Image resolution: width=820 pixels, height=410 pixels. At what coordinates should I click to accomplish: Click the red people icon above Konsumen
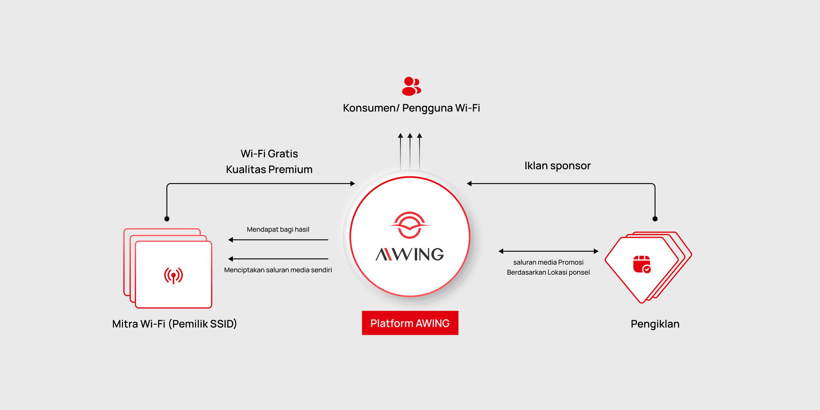pos(411,86)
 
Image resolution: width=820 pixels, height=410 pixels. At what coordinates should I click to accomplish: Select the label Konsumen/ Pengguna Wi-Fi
pos(411,108)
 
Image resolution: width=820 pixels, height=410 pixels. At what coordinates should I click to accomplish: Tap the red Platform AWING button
pos(410,323)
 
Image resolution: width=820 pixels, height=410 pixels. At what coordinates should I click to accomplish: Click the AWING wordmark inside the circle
pos(410,255)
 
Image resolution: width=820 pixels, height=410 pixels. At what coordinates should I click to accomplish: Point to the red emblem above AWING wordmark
pos(410,225)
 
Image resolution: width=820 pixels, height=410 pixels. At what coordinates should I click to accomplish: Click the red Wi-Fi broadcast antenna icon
pos(173,275)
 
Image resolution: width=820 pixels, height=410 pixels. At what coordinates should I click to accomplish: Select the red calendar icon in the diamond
pos(641,264)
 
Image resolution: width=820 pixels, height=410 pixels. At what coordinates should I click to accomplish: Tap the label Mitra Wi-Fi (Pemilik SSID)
pos(174,324)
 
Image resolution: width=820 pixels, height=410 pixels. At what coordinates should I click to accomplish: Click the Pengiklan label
pos(655,324)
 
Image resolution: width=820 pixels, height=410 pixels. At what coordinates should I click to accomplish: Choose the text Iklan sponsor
pos(557,166)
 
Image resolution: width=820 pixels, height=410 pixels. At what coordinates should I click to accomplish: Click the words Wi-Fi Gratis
pos(269,154)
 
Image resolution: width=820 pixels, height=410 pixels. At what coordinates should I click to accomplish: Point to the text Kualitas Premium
pos(269,170)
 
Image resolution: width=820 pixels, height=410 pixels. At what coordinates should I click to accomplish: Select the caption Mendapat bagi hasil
pos(278,229)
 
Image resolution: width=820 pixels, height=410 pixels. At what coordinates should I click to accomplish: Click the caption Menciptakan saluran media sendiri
pos(278,270)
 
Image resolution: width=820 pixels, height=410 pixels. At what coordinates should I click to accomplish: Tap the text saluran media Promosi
pos(548,262)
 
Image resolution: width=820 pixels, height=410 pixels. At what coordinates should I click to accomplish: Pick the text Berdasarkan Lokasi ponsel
pos(548,272)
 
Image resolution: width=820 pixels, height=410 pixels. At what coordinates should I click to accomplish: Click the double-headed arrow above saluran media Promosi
pos(548,251)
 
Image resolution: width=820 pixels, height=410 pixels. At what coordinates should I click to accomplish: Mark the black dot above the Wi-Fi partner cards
pos(167,219)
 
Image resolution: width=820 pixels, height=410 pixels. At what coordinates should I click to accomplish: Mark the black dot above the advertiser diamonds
pos(655,219)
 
